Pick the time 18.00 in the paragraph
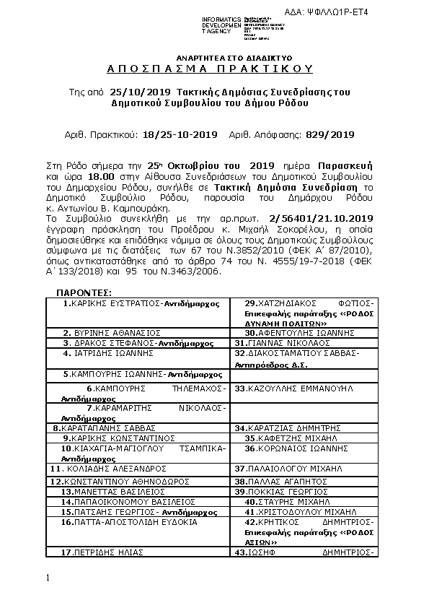98,175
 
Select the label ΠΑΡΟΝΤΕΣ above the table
84,292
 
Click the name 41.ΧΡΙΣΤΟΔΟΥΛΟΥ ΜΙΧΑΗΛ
301,510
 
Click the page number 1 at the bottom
47,578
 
